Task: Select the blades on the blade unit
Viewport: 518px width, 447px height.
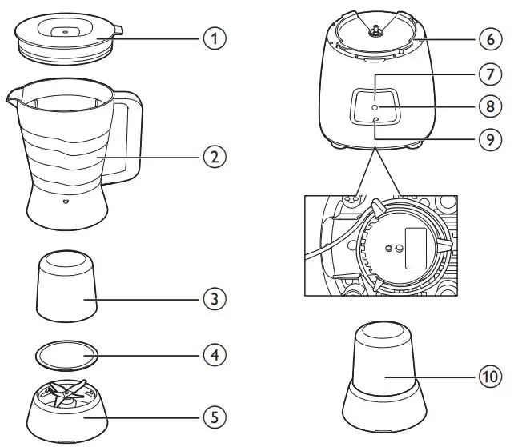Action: [x=66, y=393]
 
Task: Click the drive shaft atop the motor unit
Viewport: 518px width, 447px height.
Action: [x=373, y=31]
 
